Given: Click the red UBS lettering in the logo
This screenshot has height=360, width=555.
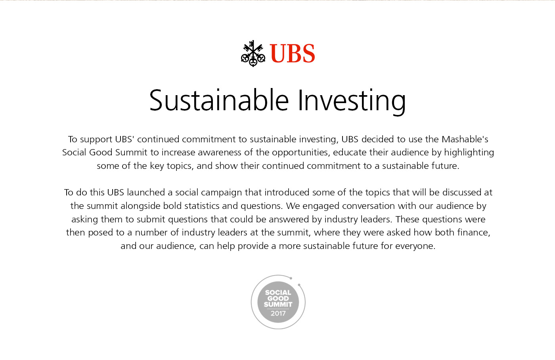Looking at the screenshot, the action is click(x=293, y=53).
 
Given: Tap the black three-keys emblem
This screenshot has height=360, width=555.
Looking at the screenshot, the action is click(x=253, y=54).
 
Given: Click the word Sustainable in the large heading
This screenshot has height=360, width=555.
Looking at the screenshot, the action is click(x=219, y=100).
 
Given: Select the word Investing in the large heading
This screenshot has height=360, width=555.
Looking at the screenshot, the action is click(x=352, y=102).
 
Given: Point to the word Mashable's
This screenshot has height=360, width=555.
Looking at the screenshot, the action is click(x=465, y=139).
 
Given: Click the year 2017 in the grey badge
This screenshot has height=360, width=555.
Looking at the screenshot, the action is click(x=278, y=314).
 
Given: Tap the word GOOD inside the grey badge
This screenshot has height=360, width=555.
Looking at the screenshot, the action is click(x=278, y=299).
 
